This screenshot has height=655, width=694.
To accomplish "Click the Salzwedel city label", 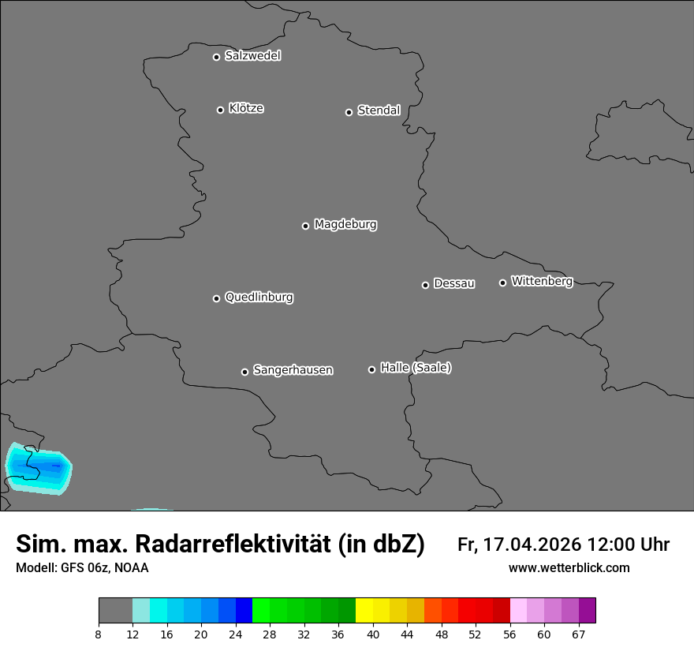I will (x=252, y=56).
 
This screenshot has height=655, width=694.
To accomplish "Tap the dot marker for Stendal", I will (x=349, y=112).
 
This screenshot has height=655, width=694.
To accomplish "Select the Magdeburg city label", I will (x=345, y=225).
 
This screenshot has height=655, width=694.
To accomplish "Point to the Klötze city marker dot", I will (x=220, y=110).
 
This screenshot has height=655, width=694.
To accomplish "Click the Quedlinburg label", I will (x=259, y=298).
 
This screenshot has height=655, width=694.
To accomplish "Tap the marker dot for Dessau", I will (x=425, y=285).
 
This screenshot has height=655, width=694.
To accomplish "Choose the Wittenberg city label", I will (x=542, y=281).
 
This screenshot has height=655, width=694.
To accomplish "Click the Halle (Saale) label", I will (x=416, y=368).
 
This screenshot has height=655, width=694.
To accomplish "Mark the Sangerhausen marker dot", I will (x=244, y=372).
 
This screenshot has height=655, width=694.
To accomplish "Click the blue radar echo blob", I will (x=39, y=468).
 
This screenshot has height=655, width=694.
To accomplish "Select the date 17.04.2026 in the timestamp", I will (x=530, y=545).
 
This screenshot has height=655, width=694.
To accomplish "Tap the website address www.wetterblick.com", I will (x=569, y=567).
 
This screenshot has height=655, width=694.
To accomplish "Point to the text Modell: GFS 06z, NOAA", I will (x=82, y=567).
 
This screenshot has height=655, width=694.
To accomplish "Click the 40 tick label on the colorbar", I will (x=373, y=634).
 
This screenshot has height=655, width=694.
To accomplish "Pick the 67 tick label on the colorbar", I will (x=579, y=634).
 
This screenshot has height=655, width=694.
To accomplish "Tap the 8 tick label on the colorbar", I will (x=98, y=634).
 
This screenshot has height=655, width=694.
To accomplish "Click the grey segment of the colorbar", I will (x=115, y=610).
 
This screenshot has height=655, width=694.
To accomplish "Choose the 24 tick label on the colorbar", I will (x=235, y=634).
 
